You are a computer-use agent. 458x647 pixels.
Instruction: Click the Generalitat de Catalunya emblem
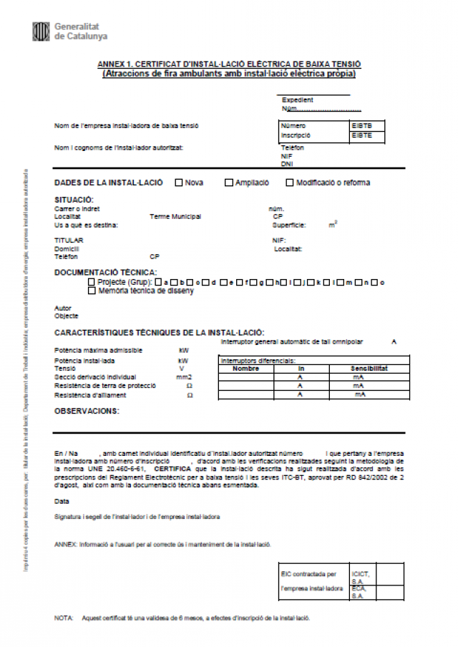pyautogui.click(x=41, y=31)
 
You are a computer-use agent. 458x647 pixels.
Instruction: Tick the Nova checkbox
pyautogui.click(x=178, y=182)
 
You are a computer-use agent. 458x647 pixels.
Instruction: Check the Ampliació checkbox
pyautogui.click(x=229, y=182)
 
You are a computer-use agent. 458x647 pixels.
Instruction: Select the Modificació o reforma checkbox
pyautogui.click(x=290, y=182)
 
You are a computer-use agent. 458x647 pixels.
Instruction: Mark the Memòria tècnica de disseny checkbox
pyautogui.click(x=92, y=291)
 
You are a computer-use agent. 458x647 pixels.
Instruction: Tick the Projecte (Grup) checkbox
pyautogui.click(x=92, y=282)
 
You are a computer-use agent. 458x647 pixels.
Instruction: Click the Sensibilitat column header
pyautogui.click(x=369, y=369)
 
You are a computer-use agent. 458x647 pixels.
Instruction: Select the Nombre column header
pyautogui.click(x=246, y=369)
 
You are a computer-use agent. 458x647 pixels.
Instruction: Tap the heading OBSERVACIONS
pyautogui.click(x=87, y=411)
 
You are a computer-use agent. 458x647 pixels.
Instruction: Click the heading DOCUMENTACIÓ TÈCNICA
pyautogui.click(x=105, y=272)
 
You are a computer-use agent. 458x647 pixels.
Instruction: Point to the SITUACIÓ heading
pyautogui.click(x=74, y=200)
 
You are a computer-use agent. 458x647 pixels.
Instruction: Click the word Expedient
pyautogui.click(x=298, y=100)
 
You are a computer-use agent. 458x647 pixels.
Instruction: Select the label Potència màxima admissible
pyautogui.click(x=98, y=350)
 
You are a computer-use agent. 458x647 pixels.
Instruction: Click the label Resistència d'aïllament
pyautogui.click(x=90, y=395)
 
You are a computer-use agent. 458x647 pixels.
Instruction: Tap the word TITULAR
pyautogui.click(x=69, y=240)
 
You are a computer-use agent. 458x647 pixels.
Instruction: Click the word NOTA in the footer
pyautogui.click(x=64, y=617)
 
